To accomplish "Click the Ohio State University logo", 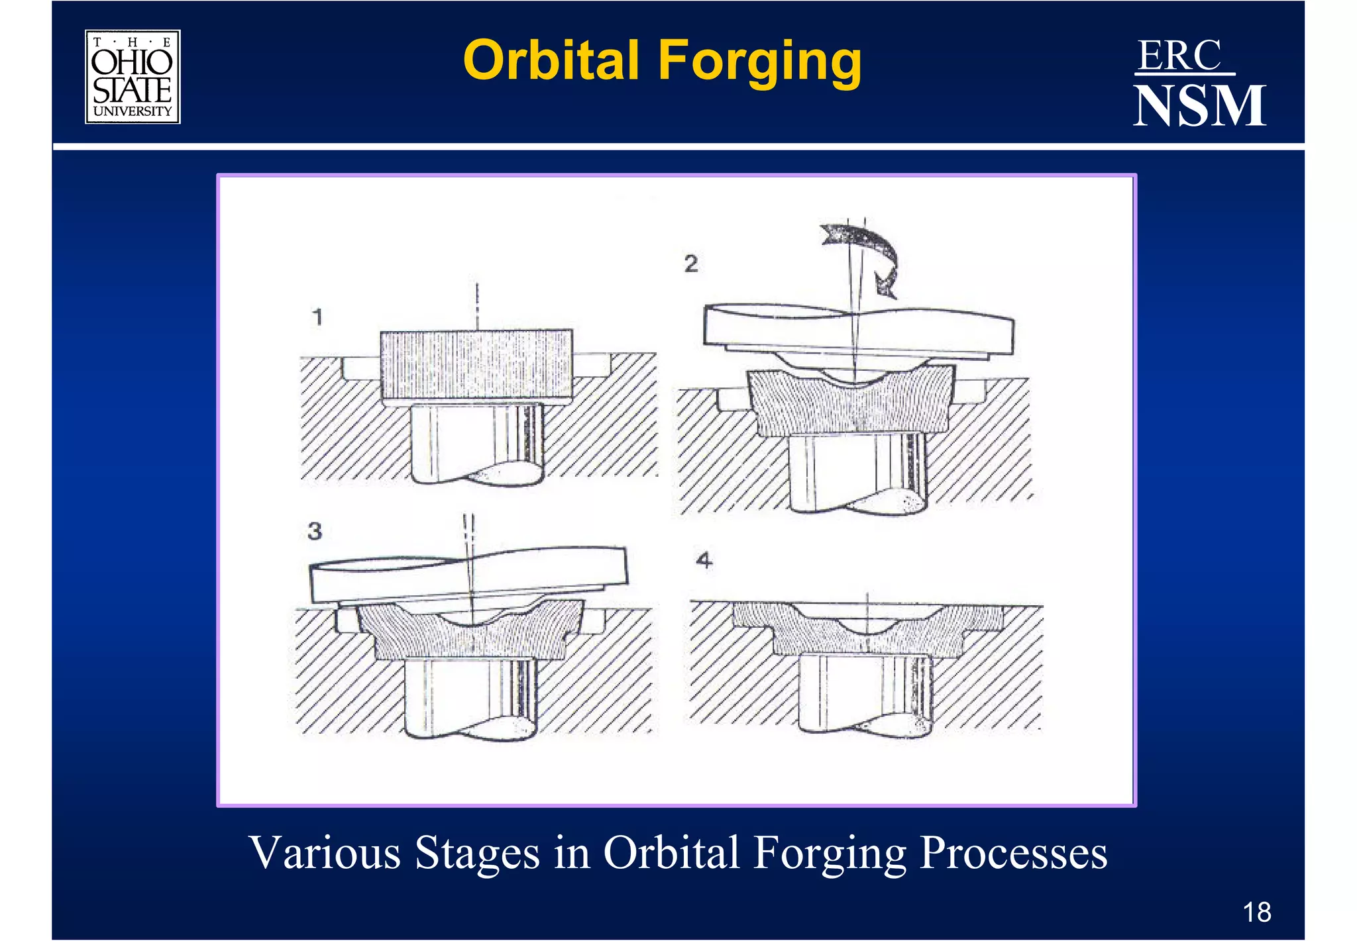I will (x=133, y=77).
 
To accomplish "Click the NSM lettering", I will (x=1199, y=106).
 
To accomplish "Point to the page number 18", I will (x=1256, y=912).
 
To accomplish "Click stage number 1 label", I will (x=317, y=317).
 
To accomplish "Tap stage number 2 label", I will (x=691, y=264).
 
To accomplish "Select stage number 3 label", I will (x=315, y=530).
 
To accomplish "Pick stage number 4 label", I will (x=704, y=560).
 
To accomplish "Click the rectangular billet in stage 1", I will (x=476, y=364).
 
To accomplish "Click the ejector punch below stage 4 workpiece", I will (x=865, y=692).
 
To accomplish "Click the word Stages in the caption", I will (x=477, y=852).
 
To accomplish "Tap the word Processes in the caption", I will (x=1014, y=852).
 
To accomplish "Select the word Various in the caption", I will (x=325, y=852).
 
